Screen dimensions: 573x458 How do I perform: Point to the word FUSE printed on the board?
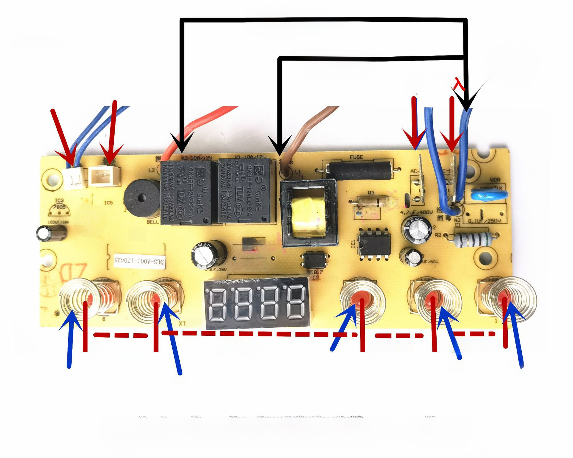[x=356, y=157]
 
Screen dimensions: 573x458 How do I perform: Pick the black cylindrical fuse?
[x=358, y=170]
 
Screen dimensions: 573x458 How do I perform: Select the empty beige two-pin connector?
[x=104, y=176]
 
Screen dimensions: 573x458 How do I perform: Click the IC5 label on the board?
[x=108, y=203]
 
